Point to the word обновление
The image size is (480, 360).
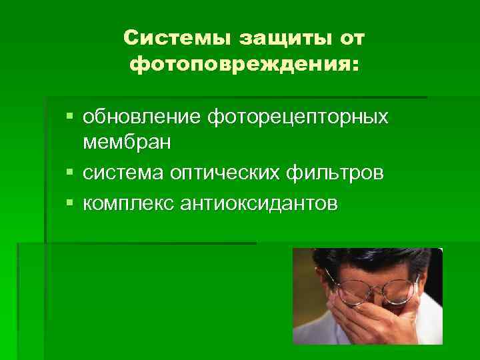[x=142, y=117]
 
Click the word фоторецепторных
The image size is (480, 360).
[x=297, y=117]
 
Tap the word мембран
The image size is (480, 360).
[x=127, y=142]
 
